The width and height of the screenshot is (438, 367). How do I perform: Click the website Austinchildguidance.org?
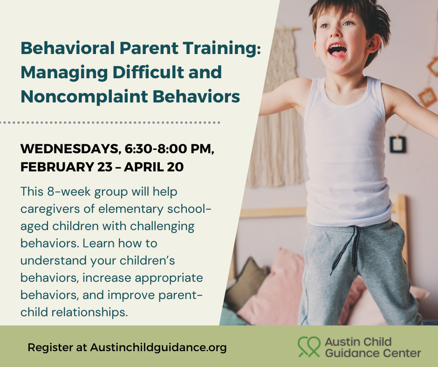[158, 347]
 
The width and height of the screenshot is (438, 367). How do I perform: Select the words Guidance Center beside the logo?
[372, 353]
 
